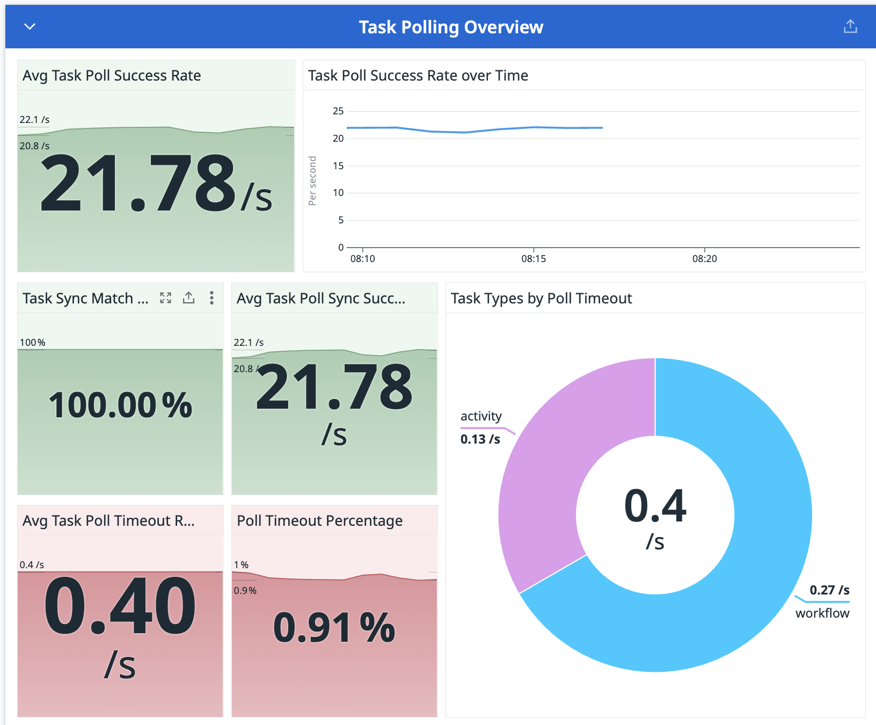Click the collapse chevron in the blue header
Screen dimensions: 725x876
[30, 26]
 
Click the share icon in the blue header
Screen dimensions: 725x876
[850, 26]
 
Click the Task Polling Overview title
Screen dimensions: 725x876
[451, 27]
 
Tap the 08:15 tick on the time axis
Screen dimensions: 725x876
[534, 258]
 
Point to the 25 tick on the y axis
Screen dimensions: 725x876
[338, 111]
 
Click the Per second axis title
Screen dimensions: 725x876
[312, 181]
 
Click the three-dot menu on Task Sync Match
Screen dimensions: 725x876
[212, 298]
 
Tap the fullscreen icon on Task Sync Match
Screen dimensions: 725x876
[166, 298]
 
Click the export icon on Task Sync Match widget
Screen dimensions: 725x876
[189, 298]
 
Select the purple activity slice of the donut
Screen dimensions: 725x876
[553, 473]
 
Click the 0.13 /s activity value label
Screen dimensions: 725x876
[480, 439]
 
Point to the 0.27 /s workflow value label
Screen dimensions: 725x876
[829, 590]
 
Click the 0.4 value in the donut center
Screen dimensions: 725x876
[655, 506]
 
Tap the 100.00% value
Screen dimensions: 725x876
[120, 405]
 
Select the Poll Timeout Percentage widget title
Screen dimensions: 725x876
[320, 521]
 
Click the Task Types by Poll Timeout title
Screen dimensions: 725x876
[541, 299]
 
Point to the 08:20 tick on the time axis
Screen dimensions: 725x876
[704, 258]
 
